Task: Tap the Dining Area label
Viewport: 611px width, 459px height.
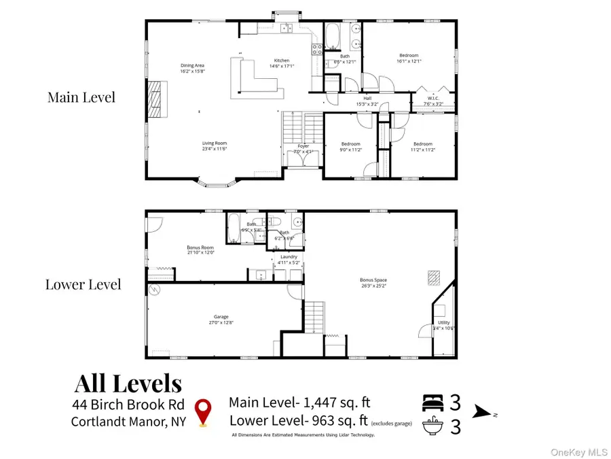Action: [193, 65]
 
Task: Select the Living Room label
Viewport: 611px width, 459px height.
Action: [214, 143]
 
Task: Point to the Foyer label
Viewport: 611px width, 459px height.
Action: [303, 146]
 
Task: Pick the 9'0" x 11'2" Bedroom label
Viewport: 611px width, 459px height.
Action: [350, 144]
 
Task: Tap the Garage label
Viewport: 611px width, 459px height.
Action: [221, 317]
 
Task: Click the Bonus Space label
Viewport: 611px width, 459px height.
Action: [373, 279]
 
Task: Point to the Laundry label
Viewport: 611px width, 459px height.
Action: [289, 257]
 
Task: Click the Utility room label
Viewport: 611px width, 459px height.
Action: [443, 323]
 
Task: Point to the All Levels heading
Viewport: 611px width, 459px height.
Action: [128, 384]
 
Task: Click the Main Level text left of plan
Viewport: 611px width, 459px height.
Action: [81, 97]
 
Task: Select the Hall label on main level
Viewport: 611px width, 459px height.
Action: [367, 99]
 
